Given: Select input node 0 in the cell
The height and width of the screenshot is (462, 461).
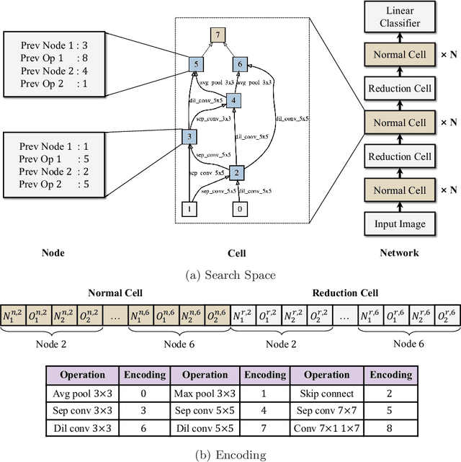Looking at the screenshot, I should (239, 210).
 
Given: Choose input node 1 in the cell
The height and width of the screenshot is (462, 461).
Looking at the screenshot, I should (189, 210).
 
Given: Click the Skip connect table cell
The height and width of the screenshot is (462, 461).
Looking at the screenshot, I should (326, 394).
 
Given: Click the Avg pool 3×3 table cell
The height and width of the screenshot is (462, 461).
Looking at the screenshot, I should (83, 394).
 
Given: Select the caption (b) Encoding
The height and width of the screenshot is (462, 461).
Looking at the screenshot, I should (230, 455).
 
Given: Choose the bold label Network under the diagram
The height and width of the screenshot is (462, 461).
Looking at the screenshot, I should (399, 253).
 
